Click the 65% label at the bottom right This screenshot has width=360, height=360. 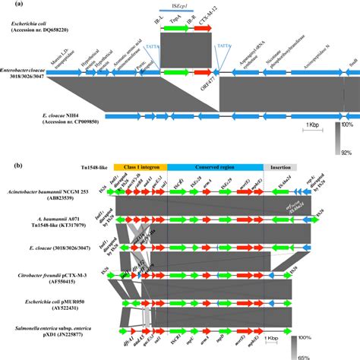click(345, 355)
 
